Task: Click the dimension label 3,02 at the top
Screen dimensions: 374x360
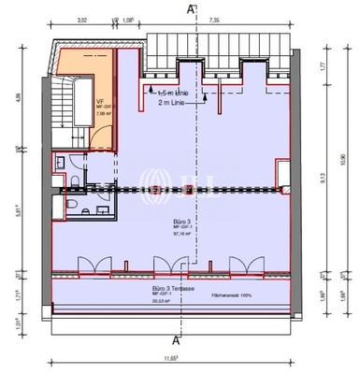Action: (x=81, y=20)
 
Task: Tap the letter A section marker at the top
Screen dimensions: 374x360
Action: (x=191, y=8)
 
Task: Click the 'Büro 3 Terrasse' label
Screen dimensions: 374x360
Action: (x=177, y=290)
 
